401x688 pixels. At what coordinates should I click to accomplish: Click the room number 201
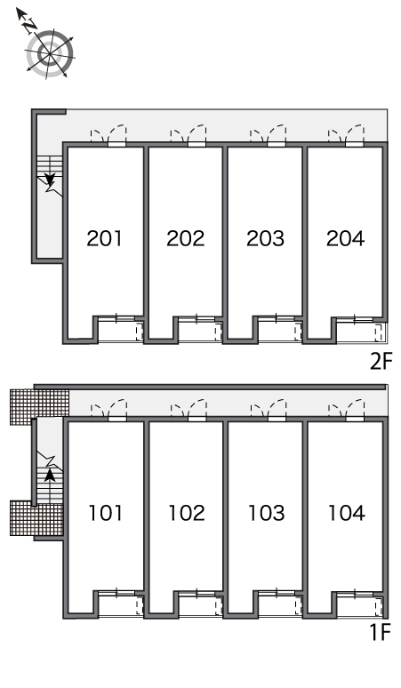104,238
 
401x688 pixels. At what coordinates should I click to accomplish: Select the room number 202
185,238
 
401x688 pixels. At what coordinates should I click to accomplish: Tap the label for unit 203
265,238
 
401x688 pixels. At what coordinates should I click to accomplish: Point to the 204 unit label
345,238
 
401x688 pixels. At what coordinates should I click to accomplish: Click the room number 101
106,513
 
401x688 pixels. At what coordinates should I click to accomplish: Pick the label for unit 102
187,513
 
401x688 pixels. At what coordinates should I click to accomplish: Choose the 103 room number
267,513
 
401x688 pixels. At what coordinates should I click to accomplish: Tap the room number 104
347,513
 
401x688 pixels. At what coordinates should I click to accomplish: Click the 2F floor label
380,362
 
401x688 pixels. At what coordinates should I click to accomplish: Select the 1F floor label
380,633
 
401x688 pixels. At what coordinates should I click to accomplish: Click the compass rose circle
50,54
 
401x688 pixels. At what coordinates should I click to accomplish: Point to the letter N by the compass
30,26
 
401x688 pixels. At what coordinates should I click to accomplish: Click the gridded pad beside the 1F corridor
39,407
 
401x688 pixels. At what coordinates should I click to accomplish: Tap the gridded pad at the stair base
36,518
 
